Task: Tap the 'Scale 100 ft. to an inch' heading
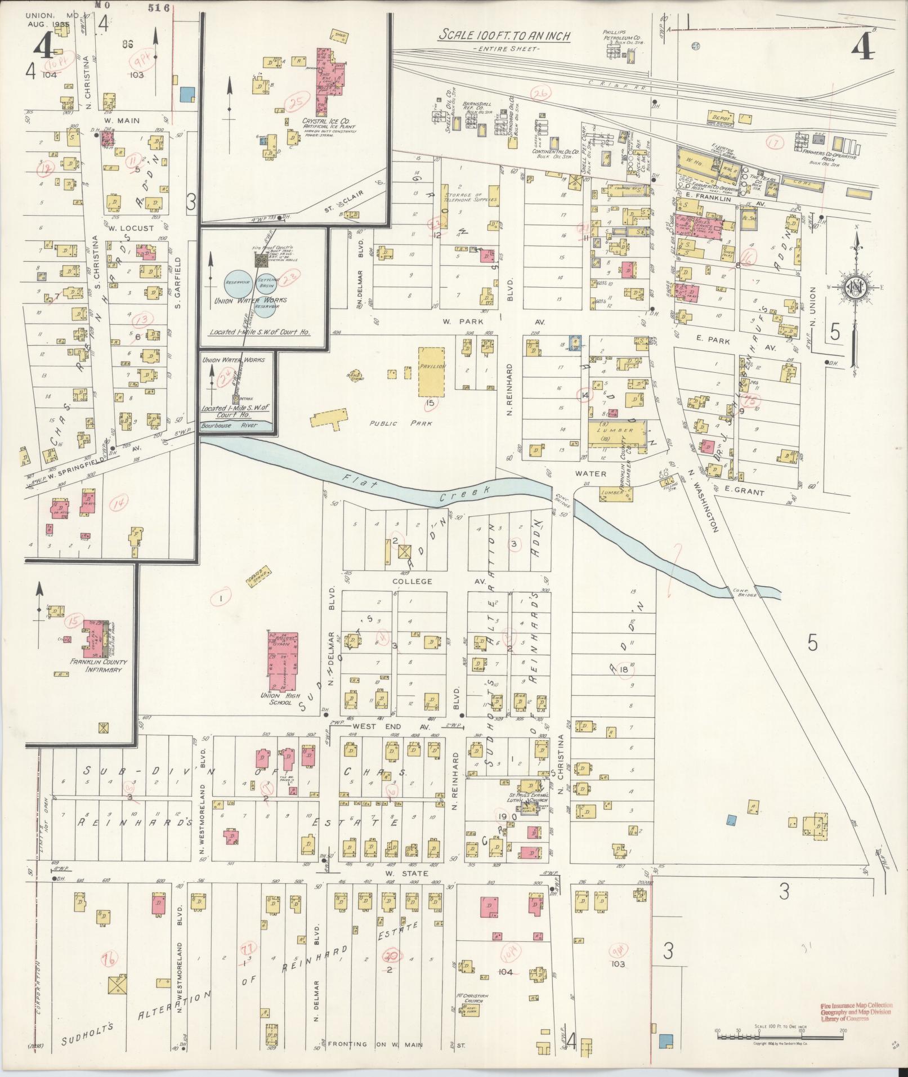[x=504, y=35]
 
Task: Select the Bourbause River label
[x=230, y=426]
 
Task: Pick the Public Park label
[x=400, y=423]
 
